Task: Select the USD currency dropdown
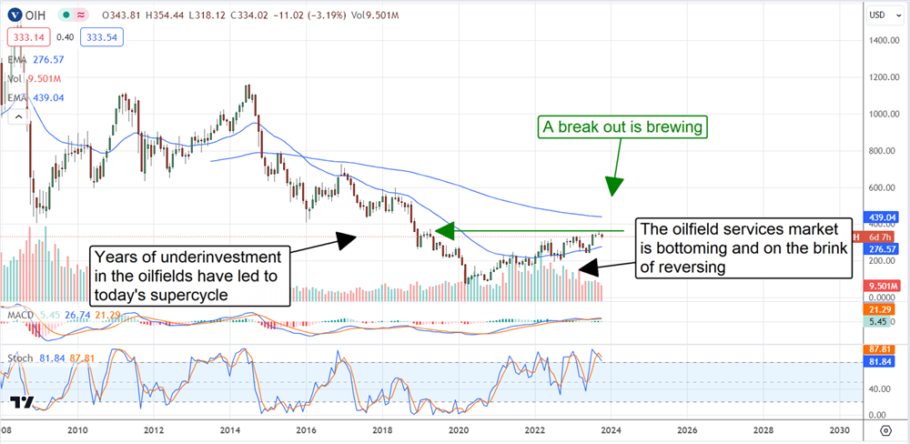[x=877, y=14]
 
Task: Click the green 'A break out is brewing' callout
[x=622, y=127]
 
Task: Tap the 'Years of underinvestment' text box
[x=190, y=273]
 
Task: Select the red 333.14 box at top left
[x=29, y=37]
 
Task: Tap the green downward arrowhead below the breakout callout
[x=615, y=186]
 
